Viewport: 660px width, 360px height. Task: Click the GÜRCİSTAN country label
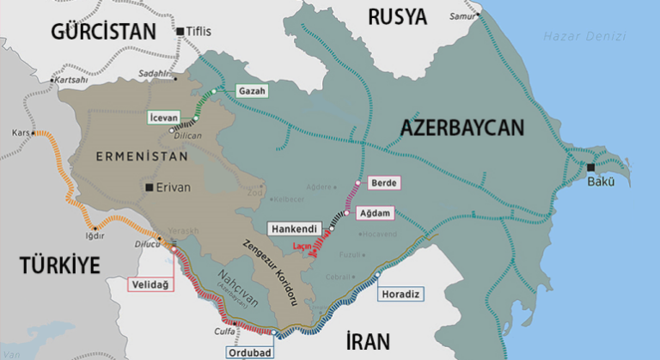pyautogui.click(x=104, y=32)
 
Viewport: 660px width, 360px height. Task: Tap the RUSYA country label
pyautogui.click(x=397, y=15)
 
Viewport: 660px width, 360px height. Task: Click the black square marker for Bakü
pyautogui.click(x=590, y=168)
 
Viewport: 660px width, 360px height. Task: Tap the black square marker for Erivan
pyautogui.click(x=150, y=186)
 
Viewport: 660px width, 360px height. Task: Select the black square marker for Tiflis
pyautogui.click(x=180, y=32)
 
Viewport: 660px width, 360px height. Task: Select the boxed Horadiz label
pyautogui.click(x=401, y=294)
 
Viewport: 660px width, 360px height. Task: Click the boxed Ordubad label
pyautogui.click(x=249, y=351)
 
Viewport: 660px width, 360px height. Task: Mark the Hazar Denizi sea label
pyautogui.click(x=583, y=36)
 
